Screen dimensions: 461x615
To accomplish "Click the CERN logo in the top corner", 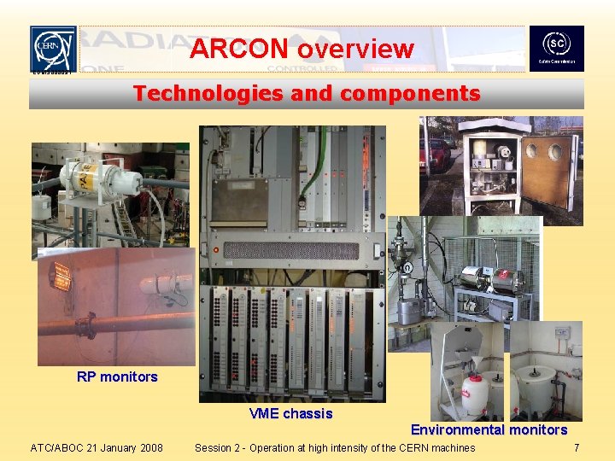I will (53, 49).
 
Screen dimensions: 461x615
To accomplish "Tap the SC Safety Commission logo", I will (556, 49).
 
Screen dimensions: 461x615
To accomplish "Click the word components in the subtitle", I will (413, 93).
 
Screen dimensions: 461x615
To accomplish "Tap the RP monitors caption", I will (117, 376).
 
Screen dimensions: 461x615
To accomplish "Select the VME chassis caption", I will (290, 414).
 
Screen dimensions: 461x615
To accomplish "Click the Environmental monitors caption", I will (489, 429).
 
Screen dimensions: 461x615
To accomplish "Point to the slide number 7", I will (577, 447).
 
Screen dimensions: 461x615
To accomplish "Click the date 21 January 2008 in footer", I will (120, 447).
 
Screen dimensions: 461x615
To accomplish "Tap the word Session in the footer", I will (218, 447).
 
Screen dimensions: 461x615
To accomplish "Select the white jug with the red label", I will (475, 394).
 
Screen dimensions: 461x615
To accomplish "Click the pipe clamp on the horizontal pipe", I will (87, 325).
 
